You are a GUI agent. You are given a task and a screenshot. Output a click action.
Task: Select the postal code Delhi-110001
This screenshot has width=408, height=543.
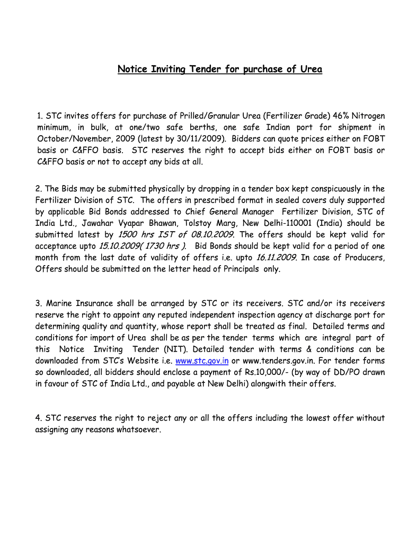tap(287, 223)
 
